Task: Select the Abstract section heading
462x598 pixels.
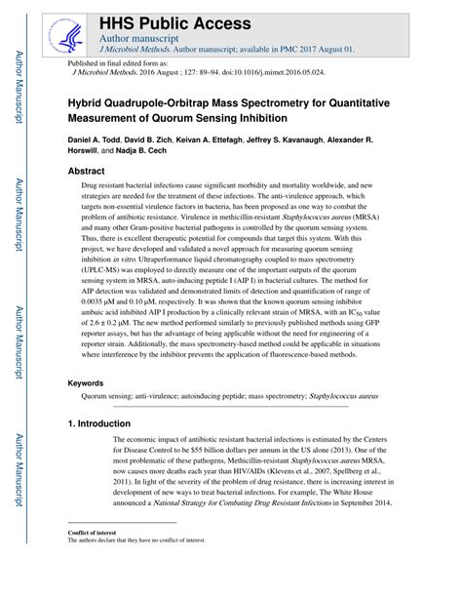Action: [86, 171]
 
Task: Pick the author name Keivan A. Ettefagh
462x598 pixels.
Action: [226, 140]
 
